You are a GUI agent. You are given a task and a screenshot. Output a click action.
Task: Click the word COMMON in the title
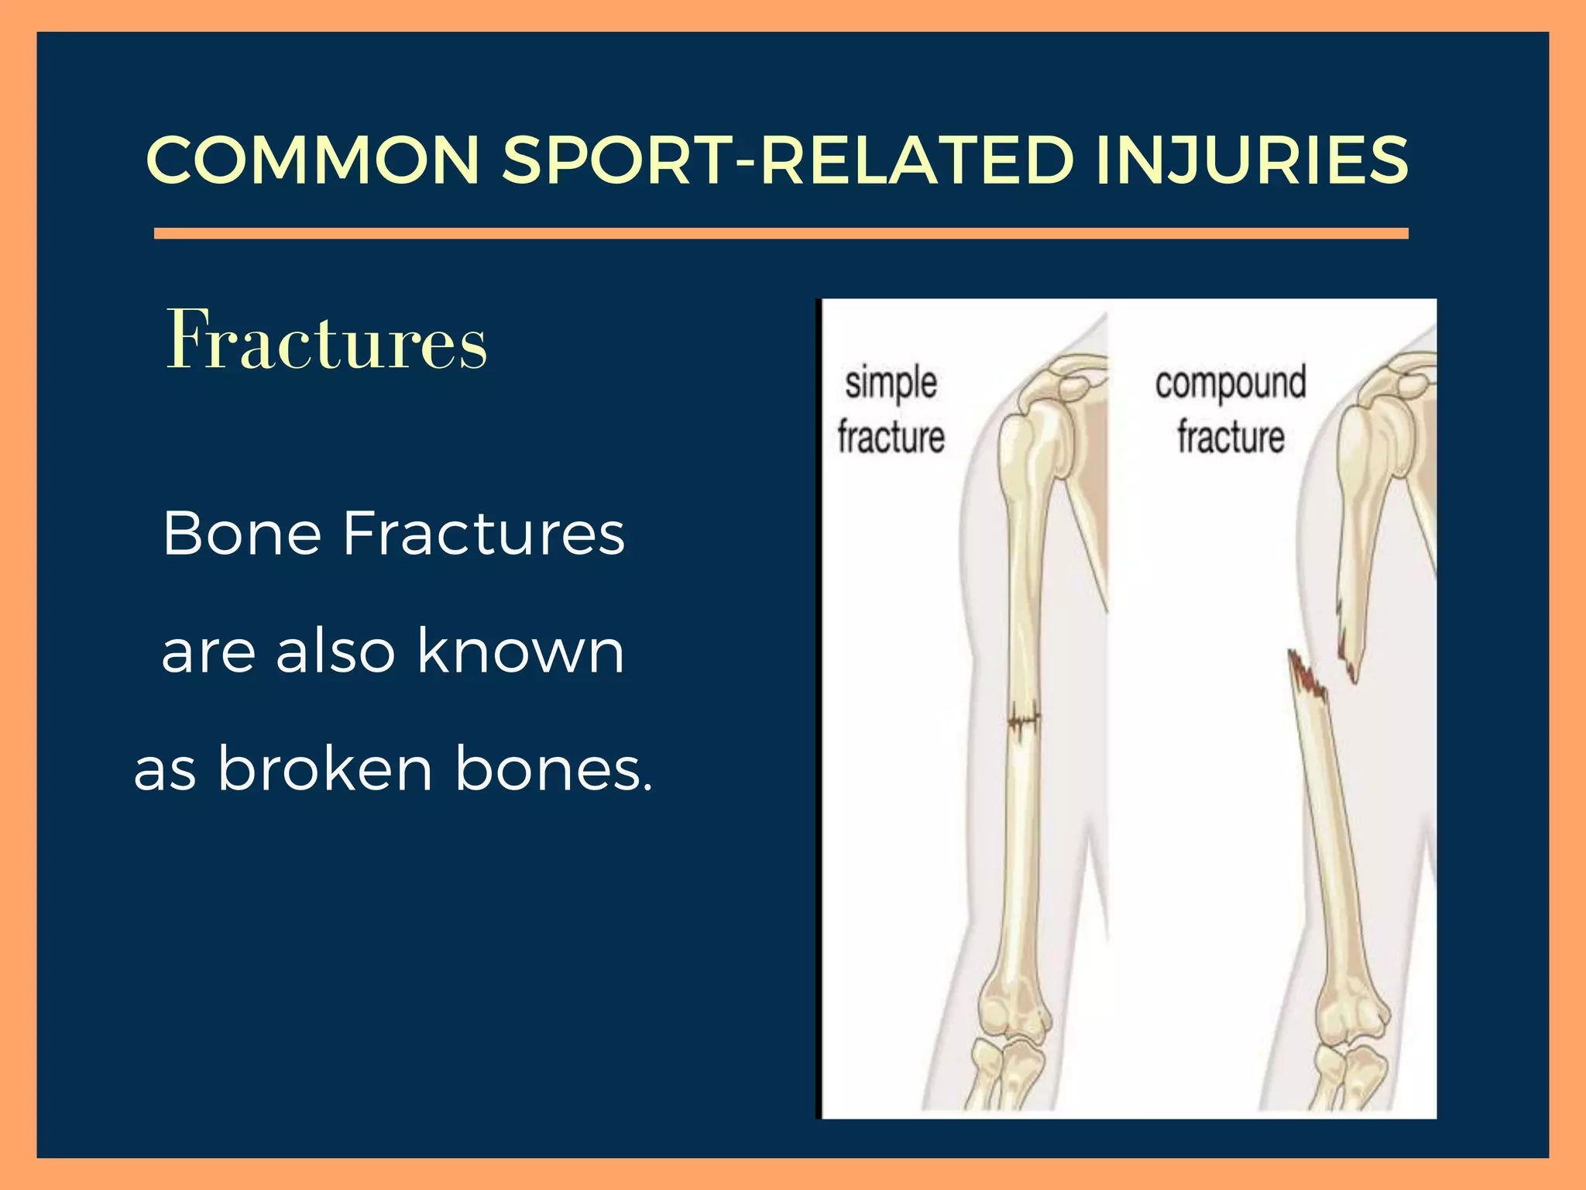pyautogui.click(x=313, y=160)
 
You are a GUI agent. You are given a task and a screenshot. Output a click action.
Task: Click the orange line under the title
pyautogui.click(x=781, y=233)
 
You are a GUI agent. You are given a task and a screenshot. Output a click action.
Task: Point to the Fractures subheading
pyautogui.click(x=326, y=341)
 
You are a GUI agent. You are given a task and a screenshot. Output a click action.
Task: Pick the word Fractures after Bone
pyautogui.click(x=484, y=534)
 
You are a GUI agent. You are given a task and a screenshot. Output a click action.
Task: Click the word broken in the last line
pyautogui.click(x=324, y=769)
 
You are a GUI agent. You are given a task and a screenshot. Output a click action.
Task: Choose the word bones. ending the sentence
pyautogui.click(x=554, y=769)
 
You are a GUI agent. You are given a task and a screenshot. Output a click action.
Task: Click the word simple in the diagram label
pyautogui.click(x=891, y=384)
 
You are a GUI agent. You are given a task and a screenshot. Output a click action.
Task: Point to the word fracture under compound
pyautogui.click(x=1231, y=437)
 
